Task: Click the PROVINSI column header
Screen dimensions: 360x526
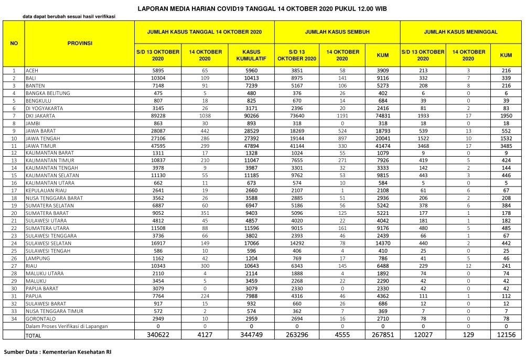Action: coord(80,43)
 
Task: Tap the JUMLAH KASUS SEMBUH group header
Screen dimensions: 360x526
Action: coord(337,32)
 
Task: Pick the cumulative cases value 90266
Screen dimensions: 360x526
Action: coord(252,115)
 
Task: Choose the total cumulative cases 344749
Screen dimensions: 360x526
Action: coord(252,335)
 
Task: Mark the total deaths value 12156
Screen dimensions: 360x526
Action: coord(506,335)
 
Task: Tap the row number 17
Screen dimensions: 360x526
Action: coord(14,191)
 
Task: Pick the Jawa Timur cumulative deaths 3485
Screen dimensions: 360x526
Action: coord(506,145)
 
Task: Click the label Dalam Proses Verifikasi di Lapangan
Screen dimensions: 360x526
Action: coord(67,326)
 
